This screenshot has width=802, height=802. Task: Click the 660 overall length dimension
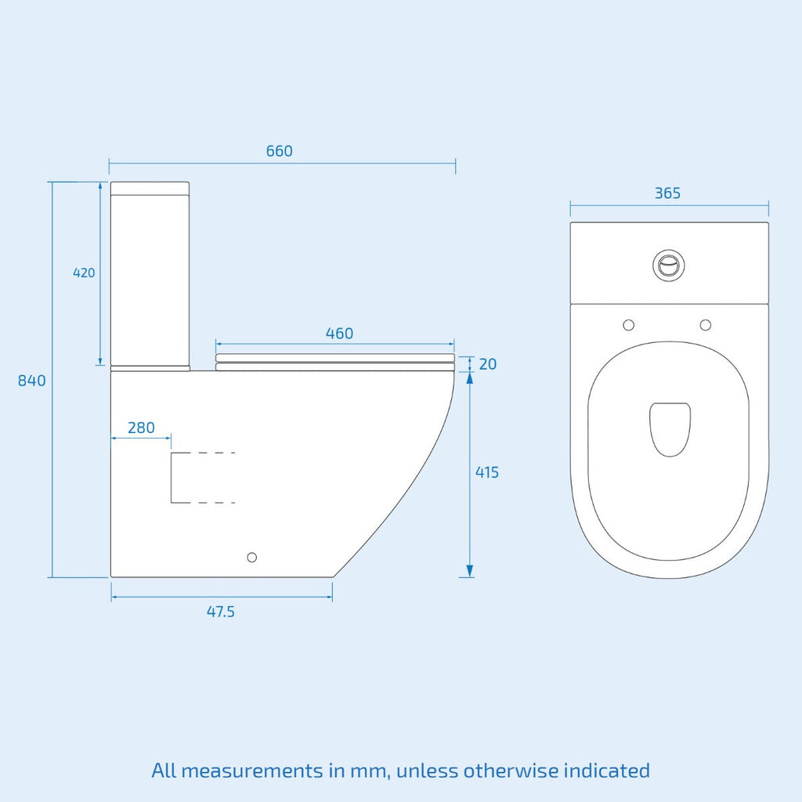280,151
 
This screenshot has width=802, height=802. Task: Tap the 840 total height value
31,381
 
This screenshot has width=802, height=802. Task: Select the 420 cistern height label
84,273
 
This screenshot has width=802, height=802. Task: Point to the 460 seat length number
340,334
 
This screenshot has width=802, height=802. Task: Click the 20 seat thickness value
488,364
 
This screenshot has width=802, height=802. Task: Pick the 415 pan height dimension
487,472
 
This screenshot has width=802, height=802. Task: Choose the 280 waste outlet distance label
141,428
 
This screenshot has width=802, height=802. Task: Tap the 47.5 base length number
221,612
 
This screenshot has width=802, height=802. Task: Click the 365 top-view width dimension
668,193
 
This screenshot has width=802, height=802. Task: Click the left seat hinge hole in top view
629,325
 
